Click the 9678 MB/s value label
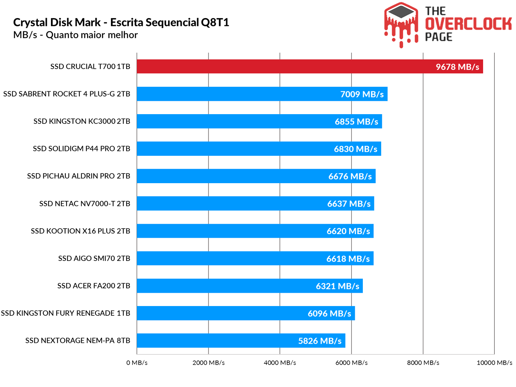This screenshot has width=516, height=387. click(x=457, y=67)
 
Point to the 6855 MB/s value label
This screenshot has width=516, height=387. click(x=356, y=122)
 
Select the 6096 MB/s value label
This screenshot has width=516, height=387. click(x=329, y=313)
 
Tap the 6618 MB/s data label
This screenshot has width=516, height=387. click(x=348, y=259)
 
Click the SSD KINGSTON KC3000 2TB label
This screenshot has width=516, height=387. click(x=82, y=121)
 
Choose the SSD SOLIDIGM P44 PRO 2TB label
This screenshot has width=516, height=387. click(x=82, y=149)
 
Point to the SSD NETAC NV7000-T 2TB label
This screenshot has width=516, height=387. click(x=85, y=203)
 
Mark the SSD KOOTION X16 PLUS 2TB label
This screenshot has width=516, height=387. click(x=81, y=231)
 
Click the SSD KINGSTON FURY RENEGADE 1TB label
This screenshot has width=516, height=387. click(x=65, y=313)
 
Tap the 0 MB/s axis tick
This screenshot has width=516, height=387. click(x=137, y=363)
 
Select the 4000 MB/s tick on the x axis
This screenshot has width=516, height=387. click(x=280, y=363)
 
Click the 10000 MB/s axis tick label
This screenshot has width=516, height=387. click(x=494, y=363)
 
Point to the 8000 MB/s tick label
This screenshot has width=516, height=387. click(x=423, y=363)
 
